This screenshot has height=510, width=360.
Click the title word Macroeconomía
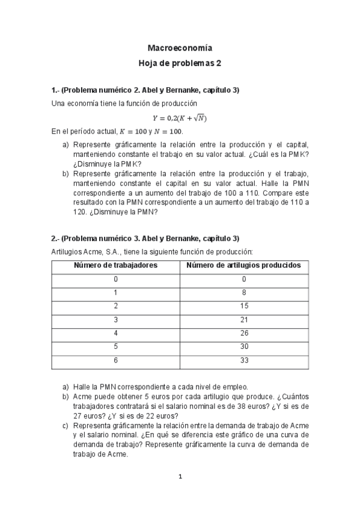[x=180, y=48]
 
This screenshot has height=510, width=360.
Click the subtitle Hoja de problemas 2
[x=180, y=63]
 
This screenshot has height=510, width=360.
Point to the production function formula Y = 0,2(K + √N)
[x=180, y=118]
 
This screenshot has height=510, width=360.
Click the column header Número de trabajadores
[x=115, y=265]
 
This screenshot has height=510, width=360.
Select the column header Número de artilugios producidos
[x=244, y=265]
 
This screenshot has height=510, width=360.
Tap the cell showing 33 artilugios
[x=244, y=361]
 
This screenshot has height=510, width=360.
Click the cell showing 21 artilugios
[x=244, y=320]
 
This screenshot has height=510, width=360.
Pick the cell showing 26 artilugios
[x=244, y=334]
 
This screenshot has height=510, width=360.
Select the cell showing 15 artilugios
[x=244, y=306]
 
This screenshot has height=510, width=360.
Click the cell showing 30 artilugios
[x=244, y=348]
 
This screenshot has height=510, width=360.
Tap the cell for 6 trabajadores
[x=115, y=361]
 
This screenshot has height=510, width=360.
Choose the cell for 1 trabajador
[x=115, y=293]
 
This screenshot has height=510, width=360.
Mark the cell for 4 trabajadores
[x=115, y=334]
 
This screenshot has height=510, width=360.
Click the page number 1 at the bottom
[x=180, y=477]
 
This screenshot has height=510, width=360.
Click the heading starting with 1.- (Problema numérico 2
[x=145, y=90]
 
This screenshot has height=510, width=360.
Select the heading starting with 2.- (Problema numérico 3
[x=145, y=238]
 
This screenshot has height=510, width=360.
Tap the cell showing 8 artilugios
[x=244, y=293]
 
